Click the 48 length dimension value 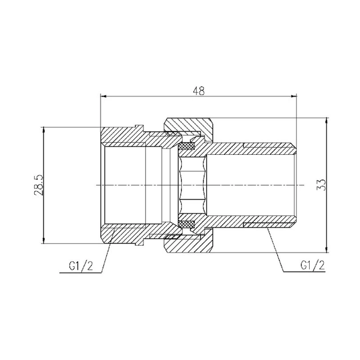[199, 91]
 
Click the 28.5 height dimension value [39, 185]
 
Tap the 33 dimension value [321, 185]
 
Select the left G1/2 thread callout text [81, 266]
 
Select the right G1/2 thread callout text [313, 265]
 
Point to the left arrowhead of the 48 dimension [103, 97]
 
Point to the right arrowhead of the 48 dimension [294, 97]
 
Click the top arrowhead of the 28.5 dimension [43, 130]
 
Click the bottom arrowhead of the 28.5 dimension [43, 241]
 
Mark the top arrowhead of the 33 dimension [326, 121]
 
